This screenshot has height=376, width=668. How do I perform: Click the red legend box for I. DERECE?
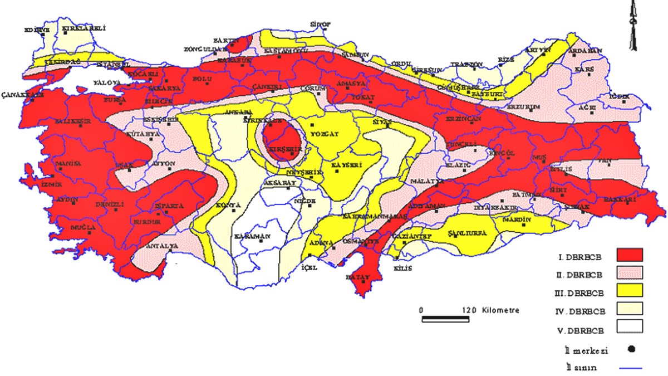[x=630, y=255]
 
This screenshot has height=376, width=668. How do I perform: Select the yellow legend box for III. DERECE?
[x=630, y=290]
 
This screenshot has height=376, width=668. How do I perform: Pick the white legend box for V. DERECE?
[x=630, y=325]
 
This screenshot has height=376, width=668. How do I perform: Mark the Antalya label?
[x=161, y=245]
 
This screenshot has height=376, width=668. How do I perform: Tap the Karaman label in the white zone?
[x=252, y=236]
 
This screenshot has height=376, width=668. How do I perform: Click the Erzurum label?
[x=524, y=106]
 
